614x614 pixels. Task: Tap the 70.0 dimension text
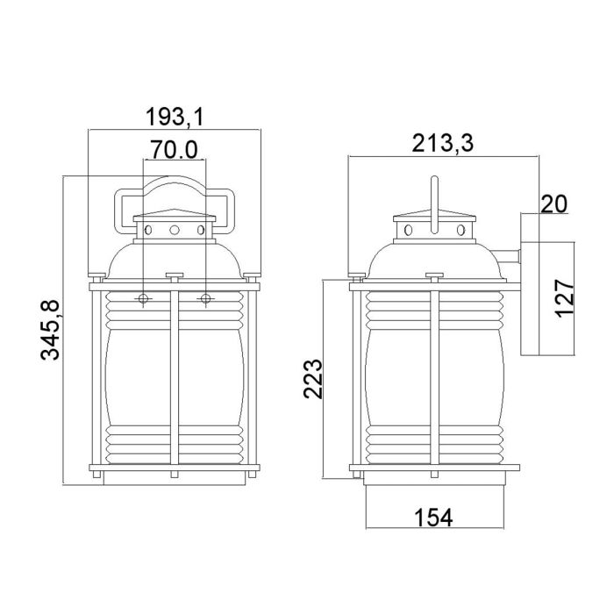(173, 149)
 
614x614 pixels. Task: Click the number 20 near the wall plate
(552, 204)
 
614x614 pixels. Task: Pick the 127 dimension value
(566, 297)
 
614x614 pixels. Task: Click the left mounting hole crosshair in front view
(144, 300)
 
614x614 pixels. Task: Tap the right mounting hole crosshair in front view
(206, 300)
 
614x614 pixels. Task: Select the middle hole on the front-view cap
(175, 230)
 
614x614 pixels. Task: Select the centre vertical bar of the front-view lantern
(175, 377)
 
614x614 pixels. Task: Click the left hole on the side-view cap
(407, 231)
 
